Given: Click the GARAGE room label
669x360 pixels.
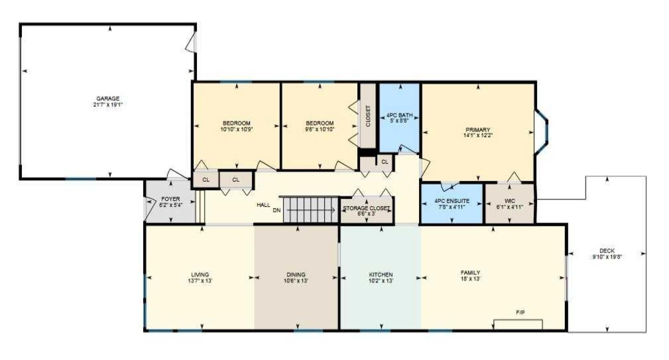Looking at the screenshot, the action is click(108, 98).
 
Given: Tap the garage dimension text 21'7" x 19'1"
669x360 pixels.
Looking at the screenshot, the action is click(108, 105).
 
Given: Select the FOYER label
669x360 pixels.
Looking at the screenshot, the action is click(171, 199).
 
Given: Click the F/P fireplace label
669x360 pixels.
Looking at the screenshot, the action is click(520, 313).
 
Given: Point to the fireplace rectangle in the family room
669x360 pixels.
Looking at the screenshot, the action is click(518, 325).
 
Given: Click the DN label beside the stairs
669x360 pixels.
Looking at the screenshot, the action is click(276, 210).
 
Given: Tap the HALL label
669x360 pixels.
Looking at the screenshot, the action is click(263, 205).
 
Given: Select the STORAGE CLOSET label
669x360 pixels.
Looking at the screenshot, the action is click(367, 208).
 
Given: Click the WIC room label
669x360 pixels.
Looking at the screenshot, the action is click(510, 201).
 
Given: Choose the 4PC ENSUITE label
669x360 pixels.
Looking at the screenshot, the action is click(452, 201).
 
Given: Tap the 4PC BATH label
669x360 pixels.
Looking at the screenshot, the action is click(400, 115).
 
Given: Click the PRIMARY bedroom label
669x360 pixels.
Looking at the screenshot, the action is click(478, 130).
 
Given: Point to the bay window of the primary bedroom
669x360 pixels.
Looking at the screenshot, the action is click(541, 132).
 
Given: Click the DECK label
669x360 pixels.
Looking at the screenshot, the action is click(607, 251).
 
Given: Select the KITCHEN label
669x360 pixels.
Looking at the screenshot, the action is click(381, 275).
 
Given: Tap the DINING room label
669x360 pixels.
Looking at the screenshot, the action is click(296, 275).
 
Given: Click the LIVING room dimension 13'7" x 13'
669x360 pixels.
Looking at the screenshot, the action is click(200, 281).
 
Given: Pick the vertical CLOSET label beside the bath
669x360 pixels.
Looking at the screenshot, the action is click(368, 116).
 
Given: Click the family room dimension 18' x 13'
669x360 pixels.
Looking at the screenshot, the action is click(470, 279).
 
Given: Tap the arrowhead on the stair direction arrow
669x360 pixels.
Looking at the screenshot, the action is click(333, 210).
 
